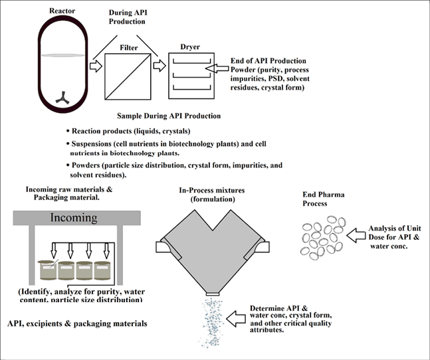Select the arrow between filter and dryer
tap(159, 66)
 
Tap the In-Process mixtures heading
tap(212, 194)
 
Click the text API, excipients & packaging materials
tap(77, 323)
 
